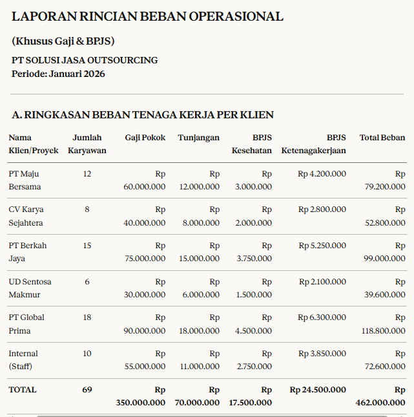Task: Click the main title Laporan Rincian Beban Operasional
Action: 147,17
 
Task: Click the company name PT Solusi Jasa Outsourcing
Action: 85,60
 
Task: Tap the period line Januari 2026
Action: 58,74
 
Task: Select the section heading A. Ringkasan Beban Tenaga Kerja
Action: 143,114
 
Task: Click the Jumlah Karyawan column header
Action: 87,144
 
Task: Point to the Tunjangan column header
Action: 198,138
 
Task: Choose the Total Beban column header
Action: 382,138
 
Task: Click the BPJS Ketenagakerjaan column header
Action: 314,144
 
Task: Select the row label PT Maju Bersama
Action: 25,180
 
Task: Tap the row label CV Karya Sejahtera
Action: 26,216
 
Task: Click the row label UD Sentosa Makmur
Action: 30,288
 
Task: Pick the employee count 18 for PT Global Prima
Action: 87,317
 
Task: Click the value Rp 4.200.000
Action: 322,174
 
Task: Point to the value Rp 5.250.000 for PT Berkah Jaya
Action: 322,246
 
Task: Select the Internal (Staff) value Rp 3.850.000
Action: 322,354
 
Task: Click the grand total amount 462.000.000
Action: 380,403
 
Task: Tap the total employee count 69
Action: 87,390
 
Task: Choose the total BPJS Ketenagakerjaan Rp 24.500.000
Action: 318,390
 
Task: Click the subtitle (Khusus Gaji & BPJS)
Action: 63,41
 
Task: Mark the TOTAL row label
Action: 23,390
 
